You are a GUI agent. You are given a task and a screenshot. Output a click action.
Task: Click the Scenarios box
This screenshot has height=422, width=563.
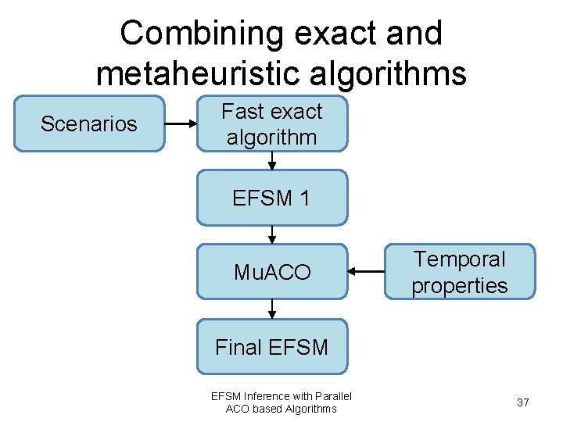coord(89,123)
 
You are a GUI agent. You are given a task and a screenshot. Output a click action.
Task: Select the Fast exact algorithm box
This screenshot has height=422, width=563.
coord(271,123)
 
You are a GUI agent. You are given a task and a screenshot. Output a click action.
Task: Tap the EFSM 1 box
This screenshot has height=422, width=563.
coord(271,198)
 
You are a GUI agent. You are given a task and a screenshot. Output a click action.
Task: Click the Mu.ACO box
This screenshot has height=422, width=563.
coord(271,272)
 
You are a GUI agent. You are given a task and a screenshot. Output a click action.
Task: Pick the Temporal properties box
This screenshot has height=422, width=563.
coord(459,272)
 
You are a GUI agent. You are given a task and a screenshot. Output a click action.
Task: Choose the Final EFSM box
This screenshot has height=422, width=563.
coord(271,346)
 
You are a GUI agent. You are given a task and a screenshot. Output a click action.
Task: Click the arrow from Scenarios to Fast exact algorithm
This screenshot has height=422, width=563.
coord(181,123)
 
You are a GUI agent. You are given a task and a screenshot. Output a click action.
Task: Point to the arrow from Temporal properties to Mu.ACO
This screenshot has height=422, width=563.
coord(366,272)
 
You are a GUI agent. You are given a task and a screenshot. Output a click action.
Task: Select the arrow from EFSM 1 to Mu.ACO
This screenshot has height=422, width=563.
coord(271,234)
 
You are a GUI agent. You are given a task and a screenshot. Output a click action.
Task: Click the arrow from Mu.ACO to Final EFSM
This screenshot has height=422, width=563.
coord(271,309)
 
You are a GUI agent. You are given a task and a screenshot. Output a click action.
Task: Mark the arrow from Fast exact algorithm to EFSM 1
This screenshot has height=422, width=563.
coord(271,160)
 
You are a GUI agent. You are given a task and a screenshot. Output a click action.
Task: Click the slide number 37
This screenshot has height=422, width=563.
coord(523,402)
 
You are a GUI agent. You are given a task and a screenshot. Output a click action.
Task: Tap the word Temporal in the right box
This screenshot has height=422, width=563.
coord(459,259)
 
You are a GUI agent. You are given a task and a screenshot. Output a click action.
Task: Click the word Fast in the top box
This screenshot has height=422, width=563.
coord(242,112)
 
